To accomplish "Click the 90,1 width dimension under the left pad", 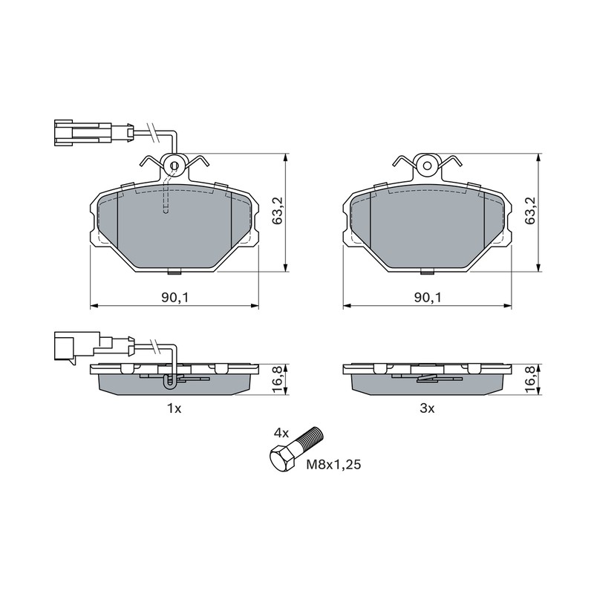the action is (174, 298).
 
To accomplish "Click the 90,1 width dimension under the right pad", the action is (428, 298).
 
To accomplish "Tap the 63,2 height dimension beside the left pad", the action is (278, 211).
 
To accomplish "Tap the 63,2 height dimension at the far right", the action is (531, 211).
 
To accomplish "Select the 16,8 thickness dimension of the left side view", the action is (278, 379).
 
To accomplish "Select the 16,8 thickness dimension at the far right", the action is (531, 379).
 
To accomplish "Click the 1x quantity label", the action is (174, 408).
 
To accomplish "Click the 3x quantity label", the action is (428, 408).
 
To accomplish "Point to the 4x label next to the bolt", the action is (281, 434).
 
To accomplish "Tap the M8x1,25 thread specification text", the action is (333, 464).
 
